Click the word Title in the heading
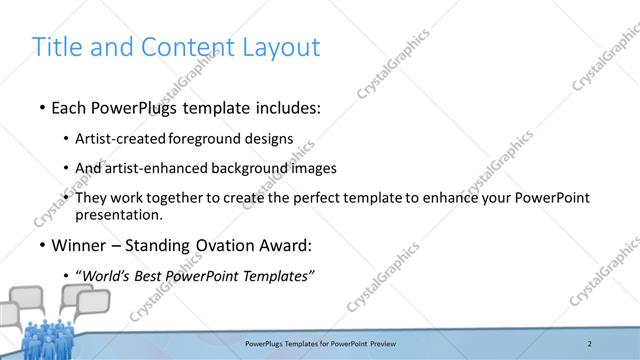tap(58, 47)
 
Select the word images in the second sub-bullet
tap(313, 168)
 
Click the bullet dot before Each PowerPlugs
tap(40, 107)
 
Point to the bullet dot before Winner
tap(40, 245)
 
